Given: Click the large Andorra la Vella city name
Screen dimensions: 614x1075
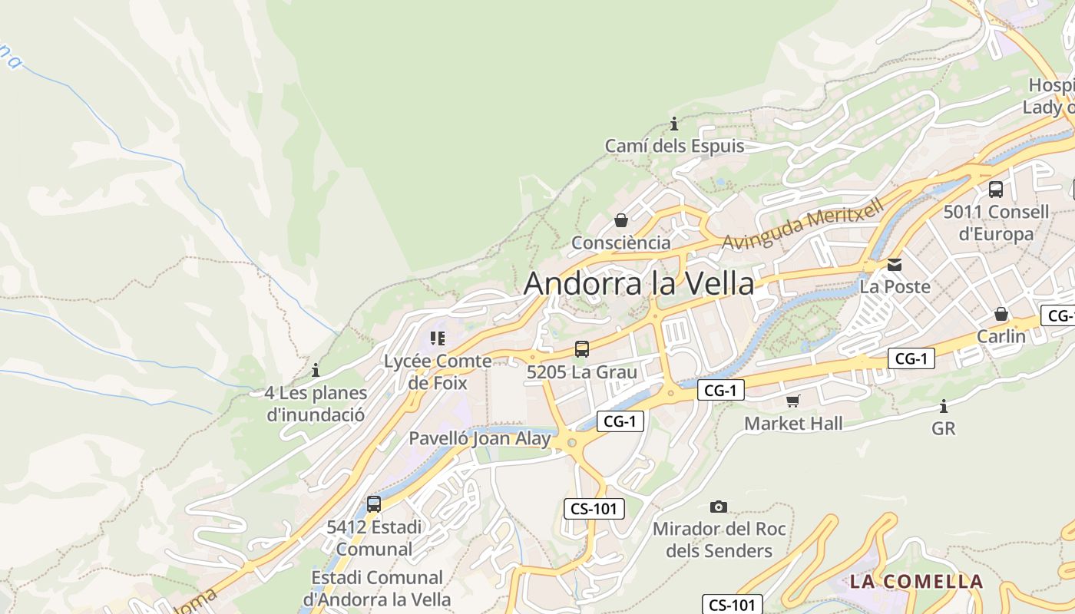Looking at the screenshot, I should click(639, 283).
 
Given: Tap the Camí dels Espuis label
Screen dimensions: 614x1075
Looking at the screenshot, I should click(674, 146).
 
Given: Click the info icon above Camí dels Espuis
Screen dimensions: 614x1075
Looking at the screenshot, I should click(674, 124).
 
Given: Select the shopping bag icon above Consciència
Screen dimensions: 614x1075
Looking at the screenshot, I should click(621, 221).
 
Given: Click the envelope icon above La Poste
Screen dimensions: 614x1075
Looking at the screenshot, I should click(895, 265).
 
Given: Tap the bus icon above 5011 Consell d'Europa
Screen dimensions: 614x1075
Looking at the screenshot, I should click(996, 189).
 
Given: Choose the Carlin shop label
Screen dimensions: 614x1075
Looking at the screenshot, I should click(1001, 336).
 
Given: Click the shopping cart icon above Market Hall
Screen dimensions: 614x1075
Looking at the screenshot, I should click(793, 401).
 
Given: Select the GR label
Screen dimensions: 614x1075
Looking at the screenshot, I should click(944, 428).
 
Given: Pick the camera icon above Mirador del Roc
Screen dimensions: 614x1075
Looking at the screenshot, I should click(719, 507).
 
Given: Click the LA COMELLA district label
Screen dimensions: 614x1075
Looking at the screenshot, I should click(916, 581).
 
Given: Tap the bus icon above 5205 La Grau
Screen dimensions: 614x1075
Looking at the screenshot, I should click(582, 349).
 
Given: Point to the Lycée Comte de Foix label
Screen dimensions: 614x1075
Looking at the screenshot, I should click(438, 371).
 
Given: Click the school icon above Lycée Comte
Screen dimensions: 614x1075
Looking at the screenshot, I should click(438, 338).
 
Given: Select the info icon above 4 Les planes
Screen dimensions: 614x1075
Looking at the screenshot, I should click(316, 371).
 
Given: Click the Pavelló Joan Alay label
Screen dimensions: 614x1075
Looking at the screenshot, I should click(480, 439).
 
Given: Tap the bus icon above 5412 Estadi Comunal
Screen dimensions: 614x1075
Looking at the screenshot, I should click(374, 504).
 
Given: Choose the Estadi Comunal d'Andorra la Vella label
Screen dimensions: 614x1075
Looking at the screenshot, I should click(377, 588).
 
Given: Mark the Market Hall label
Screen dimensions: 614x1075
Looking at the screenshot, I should click(793, 423).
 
